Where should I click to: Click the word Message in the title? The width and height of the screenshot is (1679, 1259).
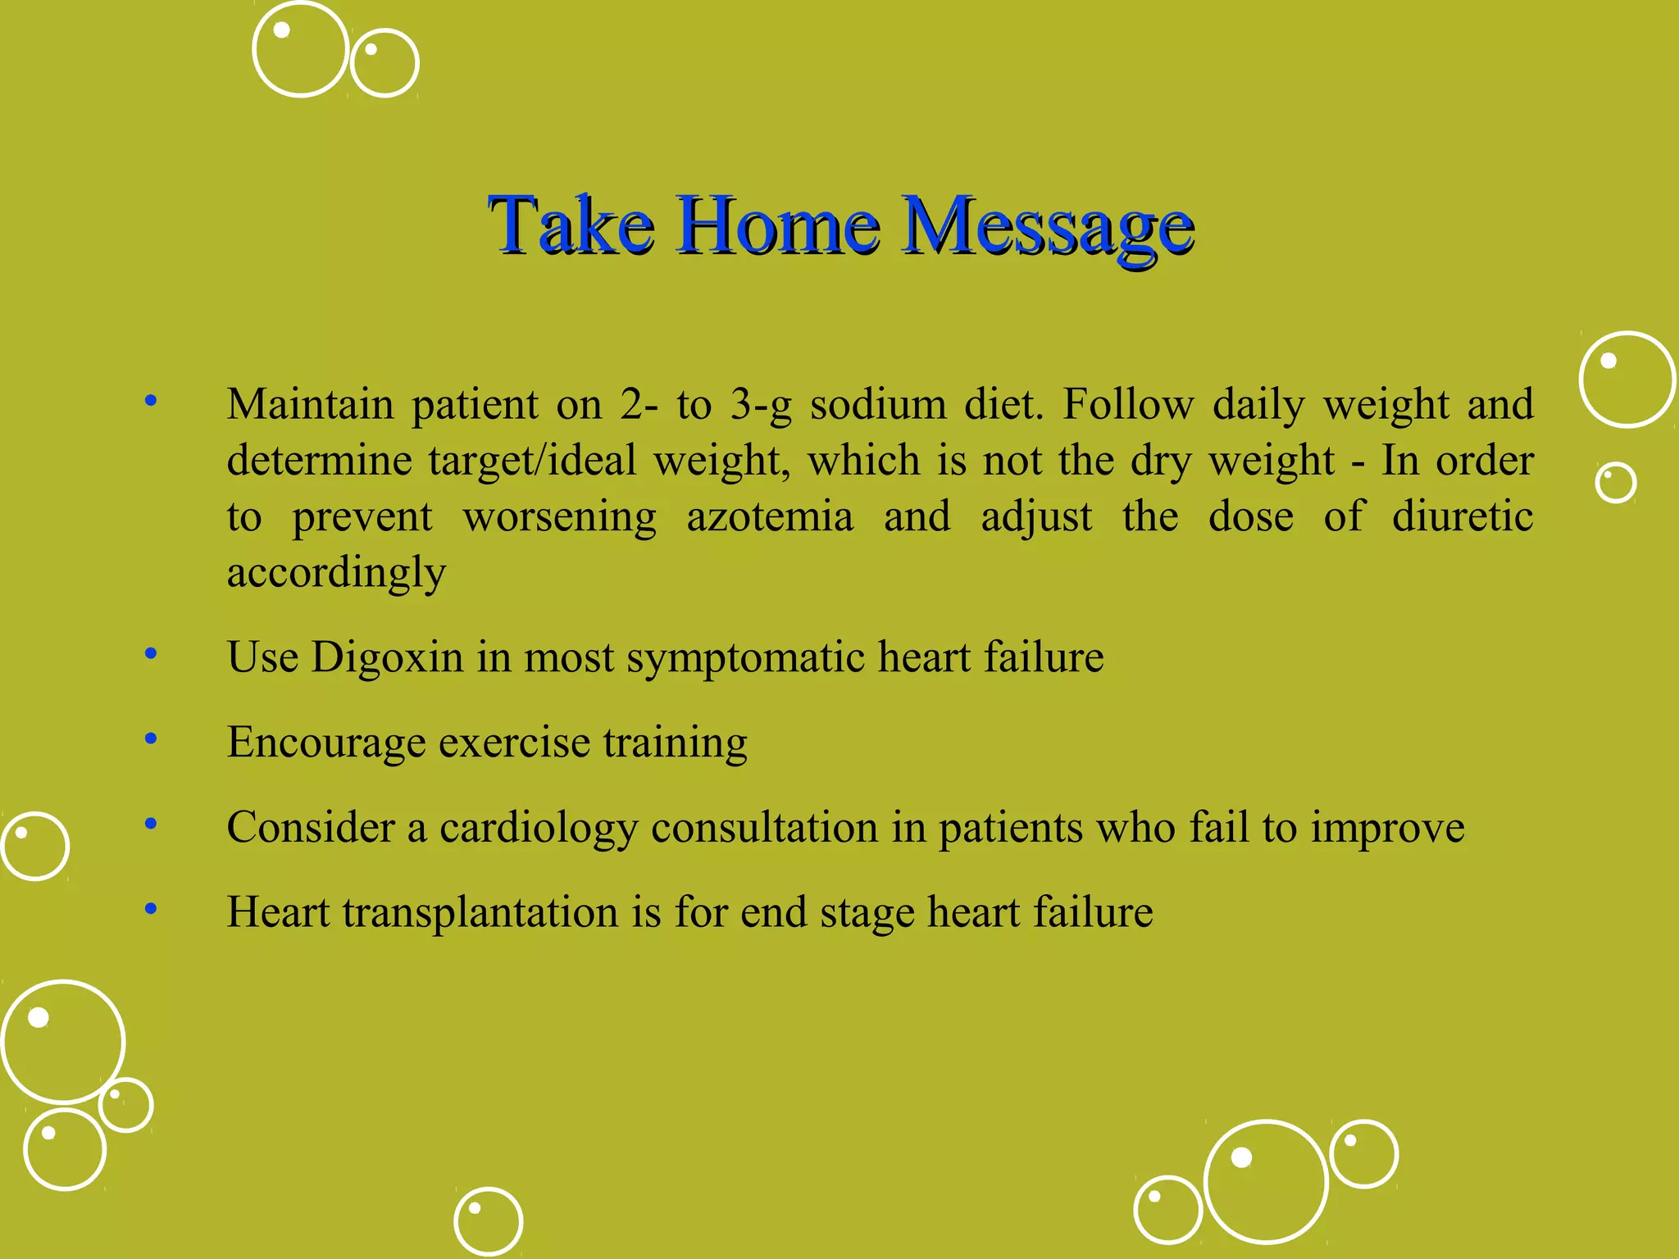1048,225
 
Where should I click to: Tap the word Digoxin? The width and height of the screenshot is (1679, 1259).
387,657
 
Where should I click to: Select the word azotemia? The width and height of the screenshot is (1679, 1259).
770,516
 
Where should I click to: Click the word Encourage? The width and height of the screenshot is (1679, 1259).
326,743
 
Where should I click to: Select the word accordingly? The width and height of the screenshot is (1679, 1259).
336,572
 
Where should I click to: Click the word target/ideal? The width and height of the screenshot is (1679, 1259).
531,461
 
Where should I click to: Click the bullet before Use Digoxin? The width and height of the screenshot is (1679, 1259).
150,654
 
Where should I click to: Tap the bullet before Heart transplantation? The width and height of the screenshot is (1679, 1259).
150,909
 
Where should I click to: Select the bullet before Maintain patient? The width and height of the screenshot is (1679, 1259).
150,402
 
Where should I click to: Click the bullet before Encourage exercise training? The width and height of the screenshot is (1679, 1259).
150,739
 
